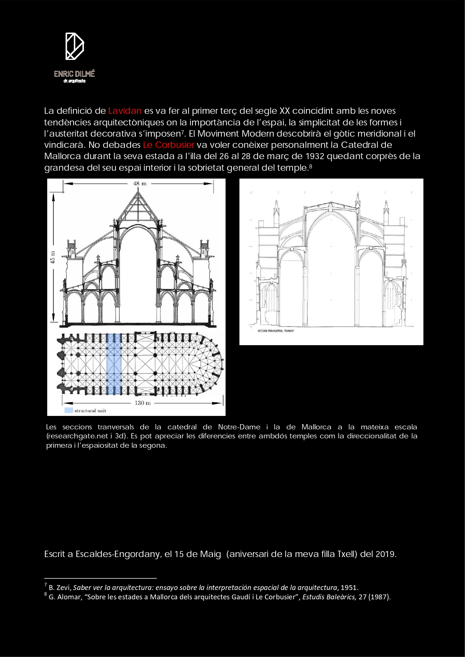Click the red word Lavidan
(x=124, y=111)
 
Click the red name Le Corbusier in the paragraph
(x=169, y=145)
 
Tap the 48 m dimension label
(x=140, y=183)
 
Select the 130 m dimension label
(x=142, y=403)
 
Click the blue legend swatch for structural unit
(x=69, y=410)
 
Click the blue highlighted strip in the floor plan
(x=114, y=364)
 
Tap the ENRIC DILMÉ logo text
(x=74, y=74)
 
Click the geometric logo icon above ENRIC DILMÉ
(x=75, y=46)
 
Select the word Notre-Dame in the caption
(x=239, y=427)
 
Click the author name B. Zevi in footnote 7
(x=59, y=587)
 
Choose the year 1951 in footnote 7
(x=349, y=587)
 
